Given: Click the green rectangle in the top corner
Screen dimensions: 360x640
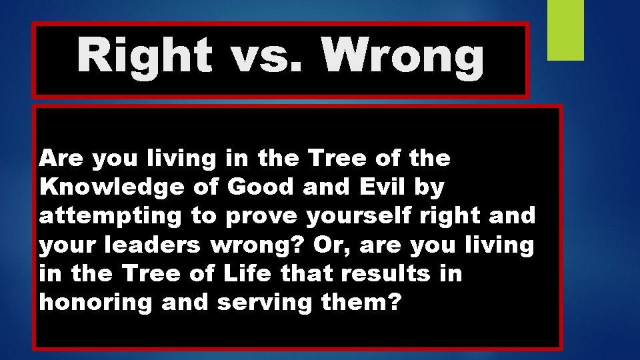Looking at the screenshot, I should tap(565, 29).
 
